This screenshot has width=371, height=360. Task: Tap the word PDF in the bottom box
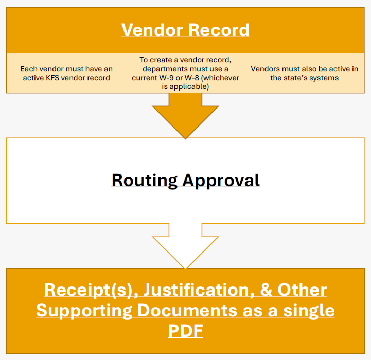click(185, 331)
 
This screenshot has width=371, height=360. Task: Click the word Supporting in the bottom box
click(86, 310)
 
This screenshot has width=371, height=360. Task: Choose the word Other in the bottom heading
click(302, 290)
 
